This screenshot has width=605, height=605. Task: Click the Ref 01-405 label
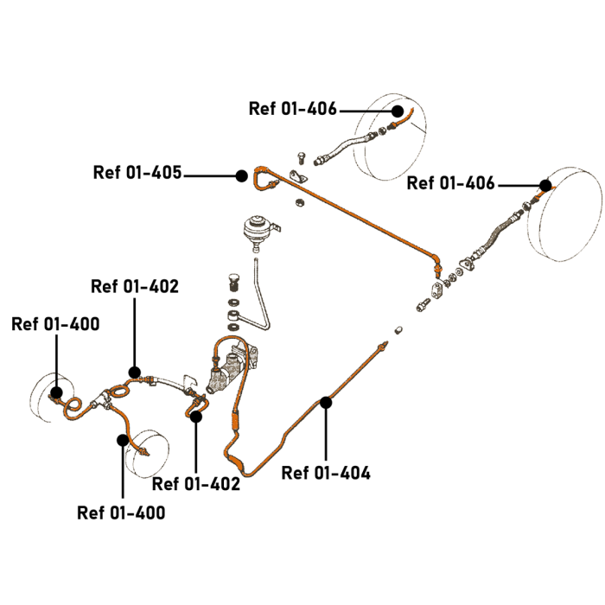(137, 172)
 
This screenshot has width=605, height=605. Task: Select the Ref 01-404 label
(326, 473)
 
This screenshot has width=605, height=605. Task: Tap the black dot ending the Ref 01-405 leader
(242, 175)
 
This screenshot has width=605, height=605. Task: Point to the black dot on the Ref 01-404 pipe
(326, 401)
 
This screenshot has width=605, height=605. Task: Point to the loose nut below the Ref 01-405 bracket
(296, 202)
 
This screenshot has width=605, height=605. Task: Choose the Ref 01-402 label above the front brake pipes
(135, 286)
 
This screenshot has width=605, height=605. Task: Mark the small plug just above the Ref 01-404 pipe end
(398, 330)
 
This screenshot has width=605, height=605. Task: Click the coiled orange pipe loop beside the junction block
(76, 405)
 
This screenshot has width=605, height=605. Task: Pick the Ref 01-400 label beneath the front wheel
(121, 513)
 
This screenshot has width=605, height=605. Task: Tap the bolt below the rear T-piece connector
(424, 304)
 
